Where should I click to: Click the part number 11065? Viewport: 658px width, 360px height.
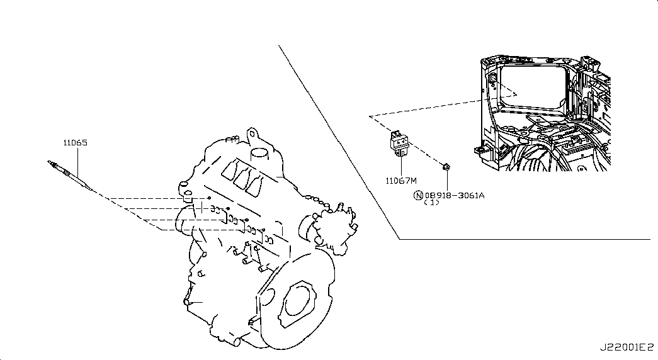74,143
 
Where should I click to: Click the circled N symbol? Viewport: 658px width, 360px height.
417,195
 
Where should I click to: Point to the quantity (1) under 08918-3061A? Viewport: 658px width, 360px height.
431,203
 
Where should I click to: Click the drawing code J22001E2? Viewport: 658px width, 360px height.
627,347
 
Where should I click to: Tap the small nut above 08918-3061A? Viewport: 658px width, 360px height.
445,167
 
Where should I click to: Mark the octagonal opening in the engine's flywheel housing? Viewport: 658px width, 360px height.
298,303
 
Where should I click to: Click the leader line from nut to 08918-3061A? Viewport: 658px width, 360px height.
446,180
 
